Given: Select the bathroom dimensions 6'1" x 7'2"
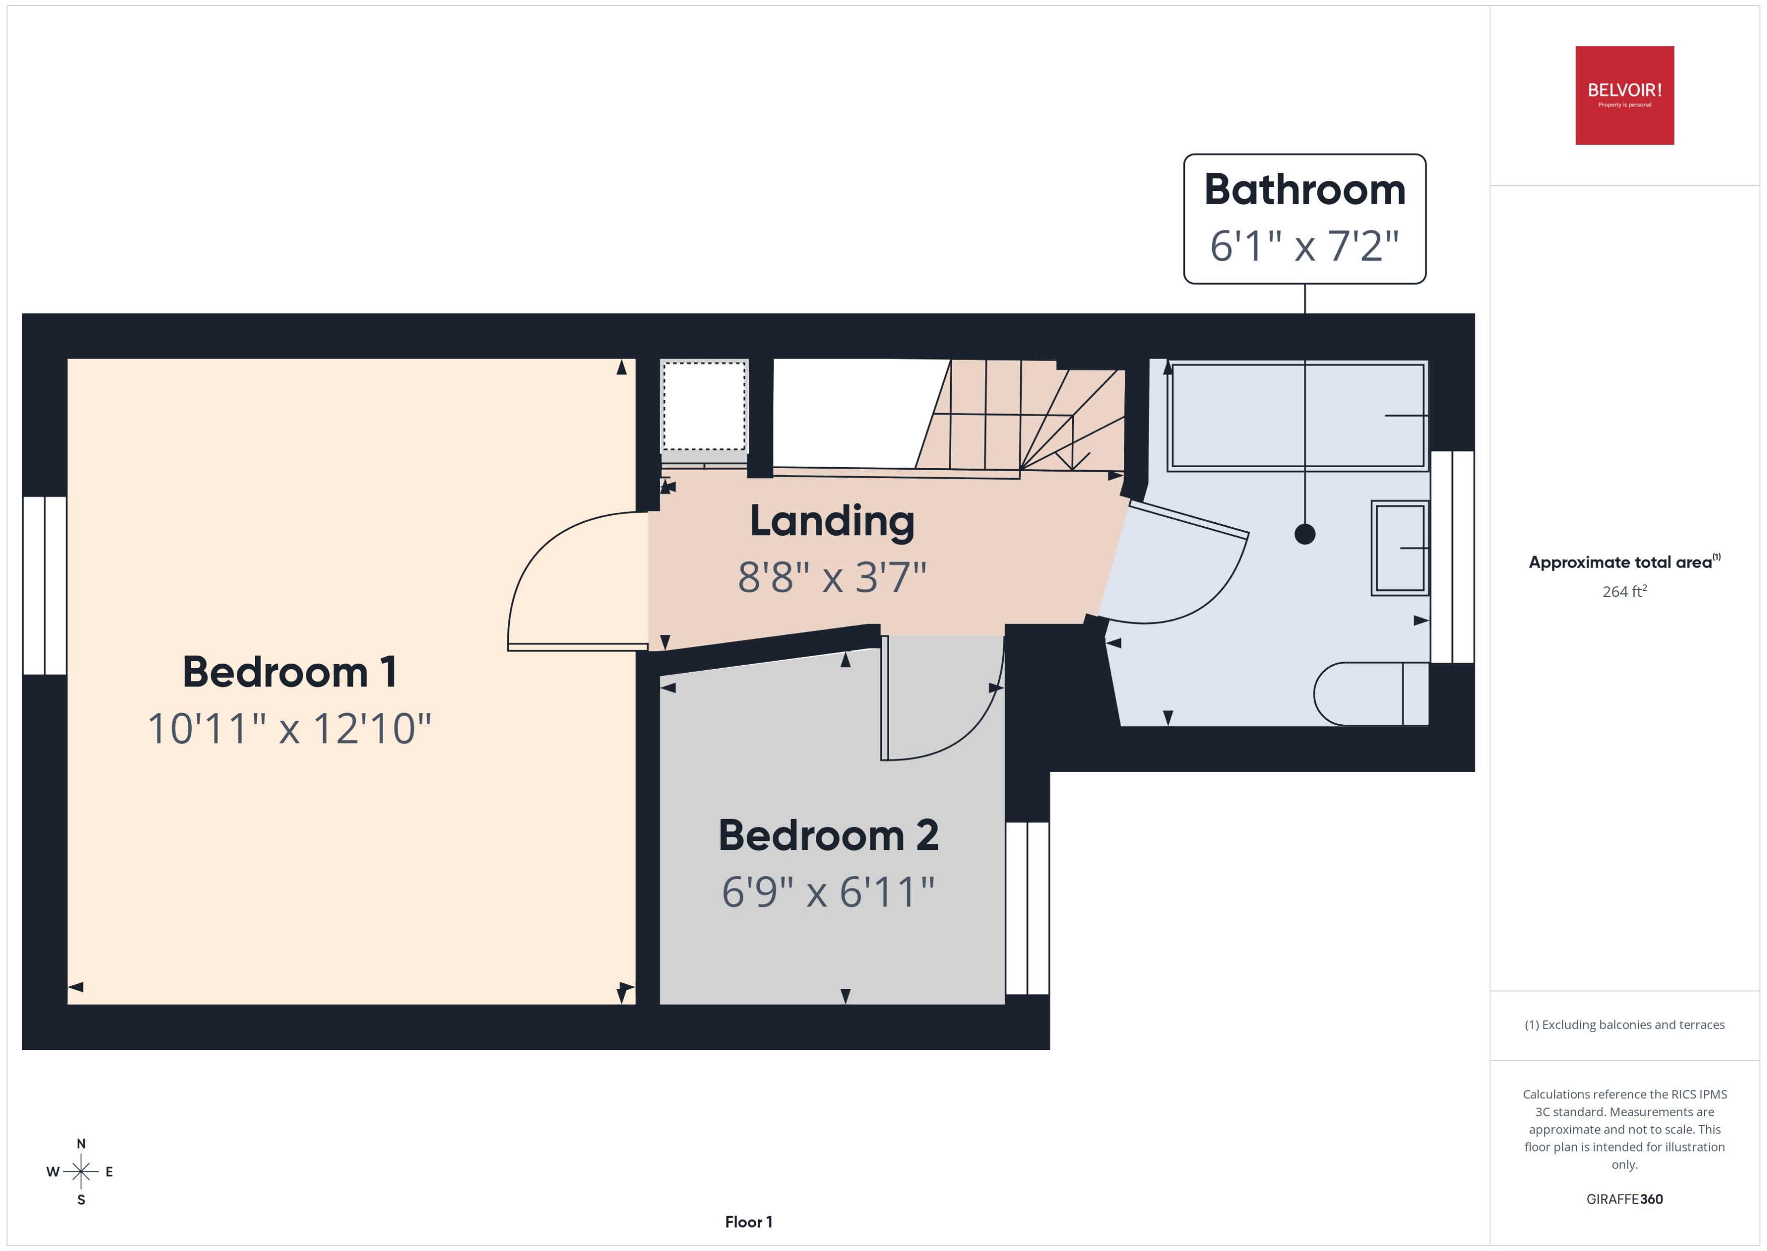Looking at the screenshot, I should tap(1304, 246).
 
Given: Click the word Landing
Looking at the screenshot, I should tap(833, 522).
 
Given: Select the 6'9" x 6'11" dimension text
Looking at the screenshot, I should tap(828, 892).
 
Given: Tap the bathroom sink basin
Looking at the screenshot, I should tap(1400, 547).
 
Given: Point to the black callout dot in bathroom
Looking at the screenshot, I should tap(1304, 534).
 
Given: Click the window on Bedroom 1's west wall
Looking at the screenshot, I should tap(44, 585).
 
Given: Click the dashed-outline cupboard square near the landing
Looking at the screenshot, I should tap(704, 407).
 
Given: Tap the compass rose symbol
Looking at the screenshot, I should tap(81, 1172).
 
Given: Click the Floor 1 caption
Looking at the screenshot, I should tap(748, 1222).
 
